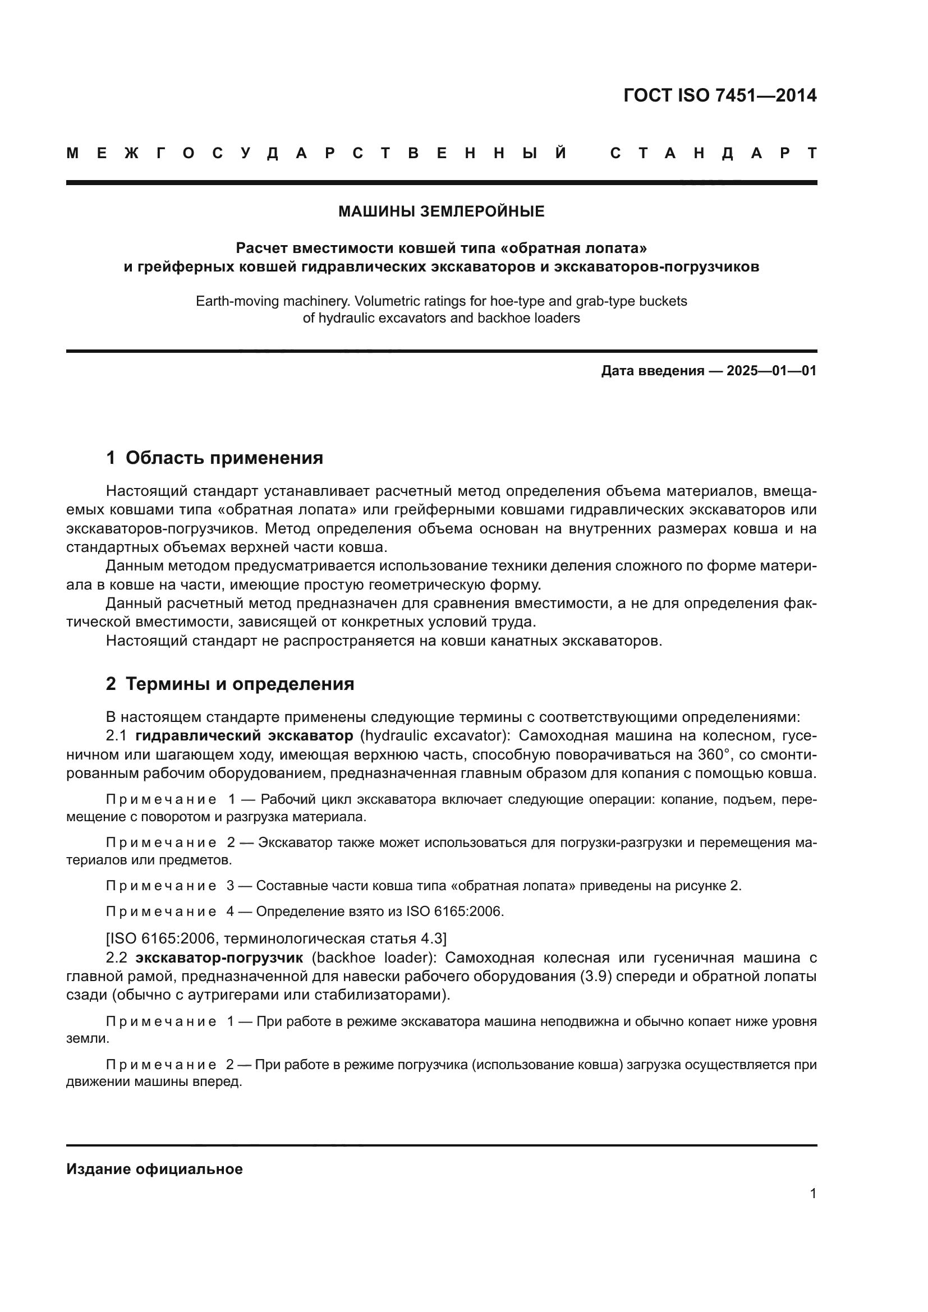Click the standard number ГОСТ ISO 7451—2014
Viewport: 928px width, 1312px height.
coord(719,95)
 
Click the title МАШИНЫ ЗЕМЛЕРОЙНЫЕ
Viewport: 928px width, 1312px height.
coord(441,211)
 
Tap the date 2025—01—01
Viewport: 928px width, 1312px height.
coord(771,371)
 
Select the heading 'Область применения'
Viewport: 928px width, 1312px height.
coord(224,458)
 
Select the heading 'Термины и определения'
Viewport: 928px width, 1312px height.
coord(240,684)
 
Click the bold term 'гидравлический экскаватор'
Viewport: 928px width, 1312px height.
coord(244,735)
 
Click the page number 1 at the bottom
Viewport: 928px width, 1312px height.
coord(812,1193)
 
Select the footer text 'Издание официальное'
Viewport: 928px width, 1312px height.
coord(154,1169)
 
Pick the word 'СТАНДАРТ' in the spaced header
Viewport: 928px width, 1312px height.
coord(713,153)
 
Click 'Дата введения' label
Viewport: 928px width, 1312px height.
coord(653,371)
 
